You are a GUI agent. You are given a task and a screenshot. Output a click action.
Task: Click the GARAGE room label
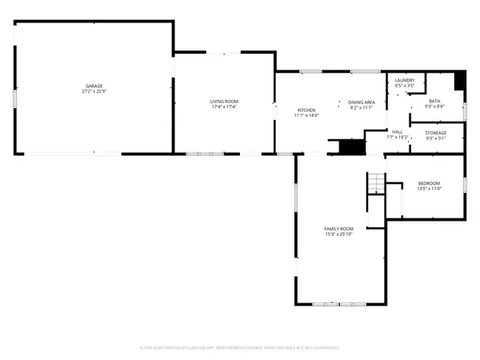point(94,86)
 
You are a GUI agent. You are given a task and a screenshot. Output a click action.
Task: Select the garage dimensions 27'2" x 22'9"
point(94,91)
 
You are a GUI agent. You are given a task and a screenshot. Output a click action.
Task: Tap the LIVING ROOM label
point(225,101)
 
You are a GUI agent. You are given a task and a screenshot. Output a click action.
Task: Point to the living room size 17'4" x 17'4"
point(225,106)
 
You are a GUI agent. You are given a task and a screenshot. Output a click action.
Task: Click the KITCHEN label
point(307,110)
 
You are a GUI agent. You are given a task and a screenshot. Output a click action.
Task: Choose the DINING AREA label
point(362,102)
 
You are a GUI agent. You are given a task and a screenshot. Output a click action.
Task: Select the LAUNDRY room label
point(405,80)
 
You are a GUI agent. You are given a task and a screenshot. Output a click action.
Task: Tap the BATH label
point(434,101)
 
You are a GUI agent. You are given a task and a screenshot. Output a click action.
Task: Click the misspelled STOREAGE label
point(435,132)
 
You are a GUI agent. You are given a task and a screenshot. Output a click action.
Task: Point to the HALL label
point(398,131)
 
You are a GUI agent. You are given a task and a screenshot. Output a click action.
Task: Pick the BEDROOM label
point(429,183)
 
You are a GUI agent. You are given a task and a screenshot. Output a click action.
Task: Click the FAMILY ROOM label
point(338,228)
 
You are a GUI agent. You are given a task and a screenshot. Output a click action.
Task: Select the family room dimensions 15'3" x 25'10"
point(338,234)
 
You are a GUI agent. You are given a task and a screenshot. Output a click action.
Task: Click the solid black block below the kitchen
point(350,147)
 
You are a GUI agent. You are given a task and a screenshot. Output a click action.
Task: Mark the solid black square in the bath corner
point(459,80)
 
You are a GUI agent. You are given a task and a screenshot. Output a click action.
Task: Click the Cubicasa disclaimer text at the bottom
point(240,348)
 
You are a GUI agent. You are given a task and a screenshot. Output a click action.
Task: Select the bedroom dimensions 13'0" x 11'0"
point(429,189)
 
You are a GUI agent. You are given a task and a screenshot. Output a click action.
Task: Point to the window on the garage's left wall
point(14,98)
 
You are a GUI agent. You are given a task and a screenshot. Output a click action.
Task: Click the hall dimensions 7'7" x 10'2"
point(398,137)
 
